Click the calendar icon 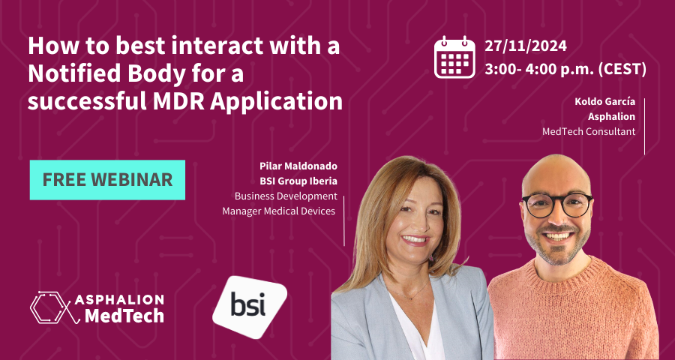[x=454, y=57]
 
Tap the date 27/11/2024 [x=526, y=46]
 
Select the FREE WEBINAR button [x=107, y=180]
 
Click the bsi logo [x=249, y=307]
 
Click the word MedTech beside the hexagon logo [x=124, y=316]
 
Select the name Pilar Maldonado [x=298, y=166]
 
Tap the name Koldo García [x=604, y=102]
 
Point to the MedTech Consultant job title [x=589, y=132]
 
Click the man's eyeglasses [x=557, y=205]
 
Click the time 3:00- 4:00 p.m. [x=538, y=70]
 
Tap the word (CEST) [x=621, y=70]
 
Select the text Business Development [x=286, y=196]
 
